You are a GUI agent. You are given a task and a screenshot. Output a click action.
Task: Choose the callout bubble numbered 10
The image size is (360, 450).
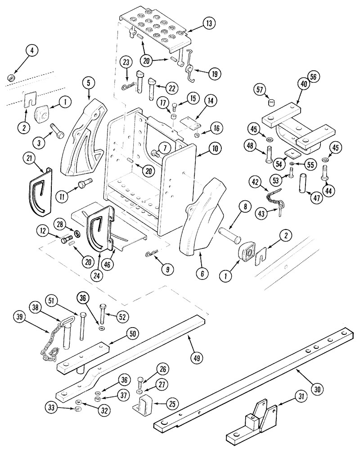tap(213, 147)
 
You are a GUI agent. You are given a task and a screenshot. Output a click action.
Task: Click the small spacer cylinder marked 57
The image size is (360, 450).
tap(271, 103)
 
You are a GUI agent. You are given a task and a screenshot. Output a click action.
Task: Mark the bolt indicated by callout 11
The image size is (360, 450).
tap(85, 184)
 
